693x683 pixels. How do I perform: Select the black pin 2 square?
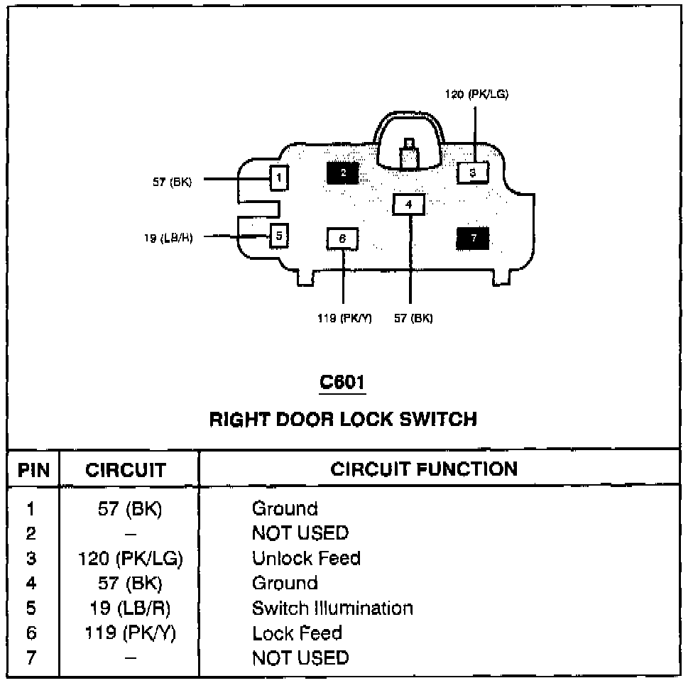[x=342, y=173]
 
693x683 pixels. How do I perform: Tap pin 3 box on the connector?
[x=473, y=172]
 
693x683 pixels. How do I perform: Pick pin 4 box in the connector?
[x=408, y=204]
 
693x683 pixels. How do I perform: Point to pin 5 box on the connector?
[x=279, y=234]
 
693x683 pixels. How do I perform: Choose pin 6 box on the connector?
[x=342, y=239]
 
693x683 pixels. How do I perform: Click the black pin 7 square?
[x=473, y=239]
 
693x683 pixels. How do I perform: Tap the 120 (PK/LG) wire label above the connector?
[x=476, y=94]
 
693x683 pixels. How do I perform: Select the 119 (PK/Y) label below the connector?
[x=344, y=318]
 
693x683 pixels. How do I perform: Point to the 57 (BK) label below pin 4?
[x=413, y=318]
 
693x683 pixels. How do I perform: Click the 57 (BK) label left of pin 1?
[x=172, y=181]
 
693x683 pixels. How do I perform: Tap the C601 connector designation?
[x=343, y=382]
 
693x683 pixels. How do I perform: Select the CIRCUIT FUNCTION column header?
[x=424, y=469]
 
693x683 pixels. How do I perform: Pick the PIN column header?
[x=33, y=469]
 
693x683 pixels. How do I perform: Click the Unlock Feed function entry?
[x=306, y=558]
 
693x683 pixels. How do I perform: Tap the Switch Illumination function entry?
[x=332, y=608]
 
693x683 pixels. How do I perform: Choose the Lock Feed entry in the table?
[x=297, y=633]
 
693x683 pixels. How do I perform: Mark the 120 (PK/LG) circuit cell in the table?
[x=131, y=558]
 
